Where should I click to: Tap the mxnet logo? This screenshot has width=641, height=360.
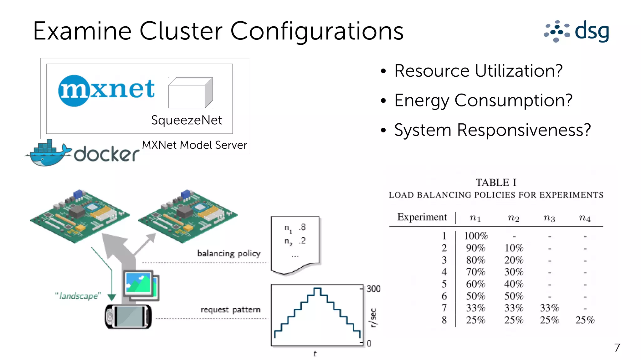point(106,90)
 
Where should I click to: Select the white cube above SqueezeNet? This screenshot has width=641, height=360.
point(190,93)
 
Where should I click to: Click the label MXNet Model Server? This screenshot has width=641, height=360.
point(194,145)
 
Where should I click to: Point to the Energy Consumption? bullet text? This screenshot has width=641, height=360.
point(483,100)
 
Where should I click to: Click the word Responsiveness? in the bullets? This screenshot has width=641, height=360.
point(524,130)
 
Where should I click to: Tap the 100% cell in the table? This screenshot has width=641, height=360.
point(476,236)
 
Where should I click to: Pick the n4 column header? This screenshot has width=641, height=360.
point(584,218)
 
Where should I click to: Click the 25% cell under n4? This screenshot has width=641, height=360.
point(585,320)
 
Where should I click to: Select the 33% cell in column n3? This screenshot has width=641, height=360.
point(549,308)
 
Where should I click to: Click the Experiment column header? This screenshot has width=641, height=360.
point(422,217)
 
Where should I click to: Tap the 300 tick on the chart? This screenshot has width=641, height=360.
point(373,289)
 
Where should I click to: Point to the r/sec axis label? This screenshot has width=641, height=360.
point(373,318)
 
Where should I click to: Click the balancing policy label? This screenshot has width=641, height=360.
point(229,253)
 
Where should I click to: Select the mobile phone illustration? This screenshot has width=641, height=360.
point(128,316)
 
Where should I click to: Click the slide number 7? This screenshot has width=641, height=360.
point(617,348)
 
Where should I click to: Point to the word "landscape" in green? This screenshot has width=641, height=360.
point(78,296)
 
